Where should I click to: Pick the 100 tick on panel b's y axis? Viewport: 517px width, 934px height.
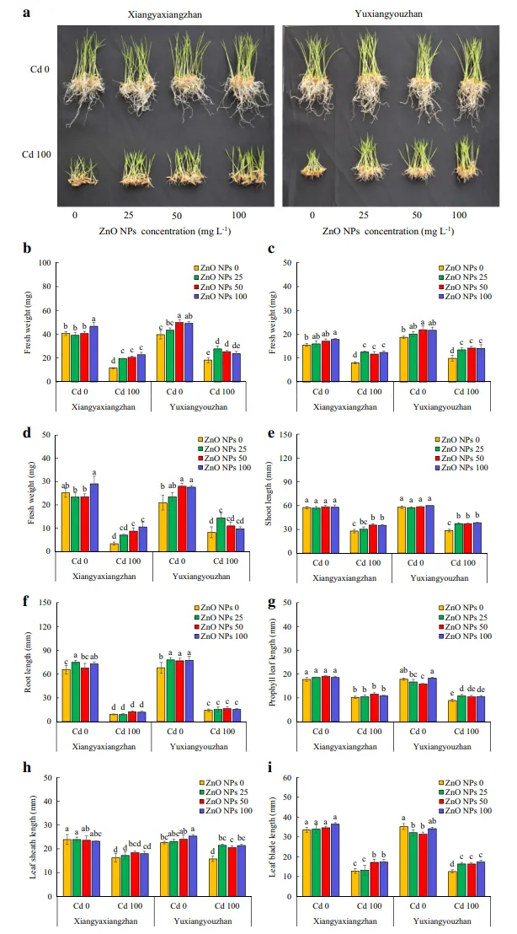click(44, 263)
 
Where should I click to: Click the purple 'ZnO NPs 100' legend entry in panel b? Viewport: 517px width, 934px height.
click(221, 297)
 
